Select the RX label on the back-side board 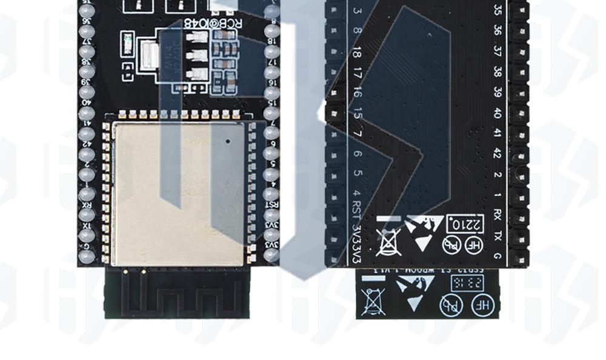coord(497,215)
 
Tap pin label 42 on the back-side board coord(497,153)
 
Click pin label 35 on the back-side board coord(497,10)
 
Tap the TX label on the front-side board coord(87,225)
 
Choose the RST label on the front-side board coord(272,204)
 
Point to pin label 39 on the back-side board coord(497,92)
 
